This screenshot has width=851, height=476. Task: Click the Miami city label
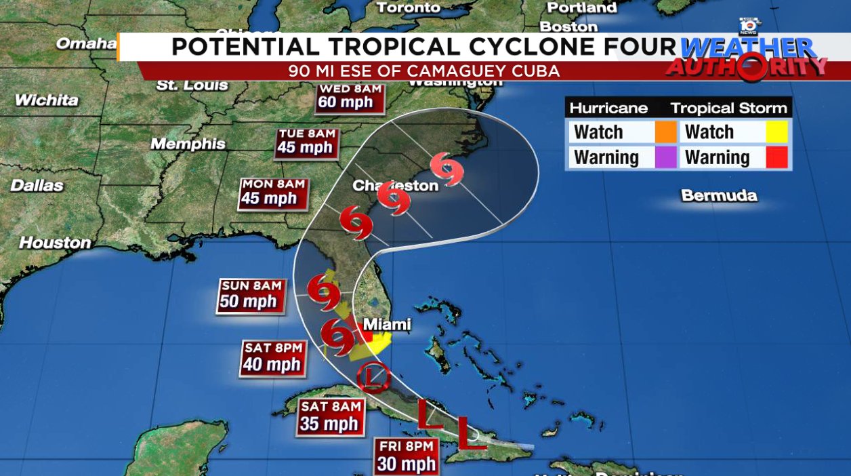388,324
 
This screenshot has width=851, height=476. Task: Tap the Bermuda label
719,196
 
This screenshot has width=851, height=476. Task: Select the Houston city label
55,242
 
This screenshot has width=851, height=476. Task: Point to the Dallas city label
37,185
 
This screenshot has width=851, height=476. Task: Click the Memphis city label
188,144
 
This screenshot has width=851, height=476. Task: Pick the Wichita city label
47,100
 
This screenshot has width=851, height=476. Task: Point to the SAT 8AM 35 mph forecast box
330,416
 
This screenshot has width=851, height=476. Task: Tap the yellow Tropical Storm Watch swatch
776,132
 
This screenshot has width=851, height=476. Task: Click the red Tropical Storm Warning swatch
776,157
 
